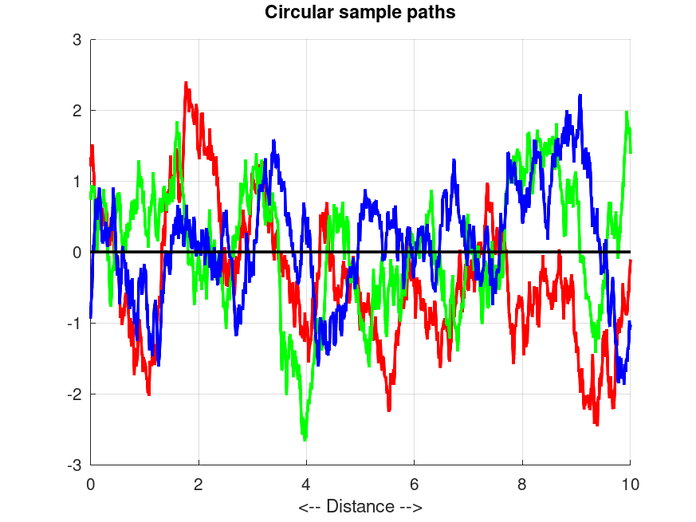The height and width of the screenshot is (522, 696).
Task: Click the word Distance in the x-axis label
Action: coord(360,506)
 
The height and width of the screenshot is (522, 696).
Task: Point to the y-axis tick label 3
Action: coord(77,39)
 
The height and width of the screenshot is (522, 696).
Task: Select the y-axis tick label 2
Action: coord(77,110)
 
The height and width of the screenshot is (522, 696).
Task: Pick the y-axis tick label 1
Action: coord(77,181)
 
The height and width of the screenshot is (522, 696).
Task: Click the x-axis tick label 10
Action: coord(631,483)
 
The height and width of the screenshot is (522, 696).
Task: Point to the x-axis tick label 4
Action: coord(306,483)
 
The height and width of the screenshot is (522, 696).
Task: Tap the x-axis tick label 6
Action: coord(415,483)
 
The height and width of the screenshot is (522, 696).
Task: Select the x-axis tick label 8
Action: coord(522,483)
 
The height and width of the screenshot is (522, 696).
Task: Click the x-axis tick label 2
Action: coord(199,483)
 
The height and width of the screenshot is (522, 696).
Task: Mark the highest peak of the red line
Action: coord(186,82)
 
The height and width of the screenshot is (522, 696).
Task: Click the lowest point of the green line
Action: coord(305,439)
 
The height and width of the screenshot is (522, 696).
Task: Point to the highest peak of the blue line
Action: coord(580,95)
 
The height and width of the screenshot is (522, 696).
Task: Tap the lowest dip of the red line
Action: coord(596,425)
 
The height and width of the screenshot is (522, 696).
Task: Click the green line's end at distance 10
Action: coord(631,152)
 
